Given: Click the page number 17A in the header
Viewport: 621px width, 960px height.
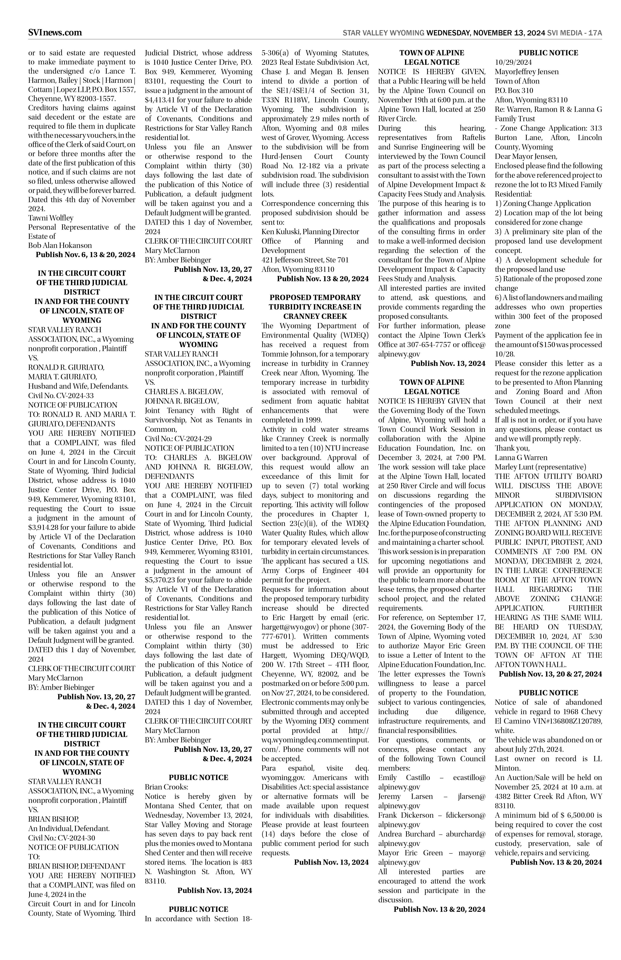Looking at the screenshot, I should tap(595, 33).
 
